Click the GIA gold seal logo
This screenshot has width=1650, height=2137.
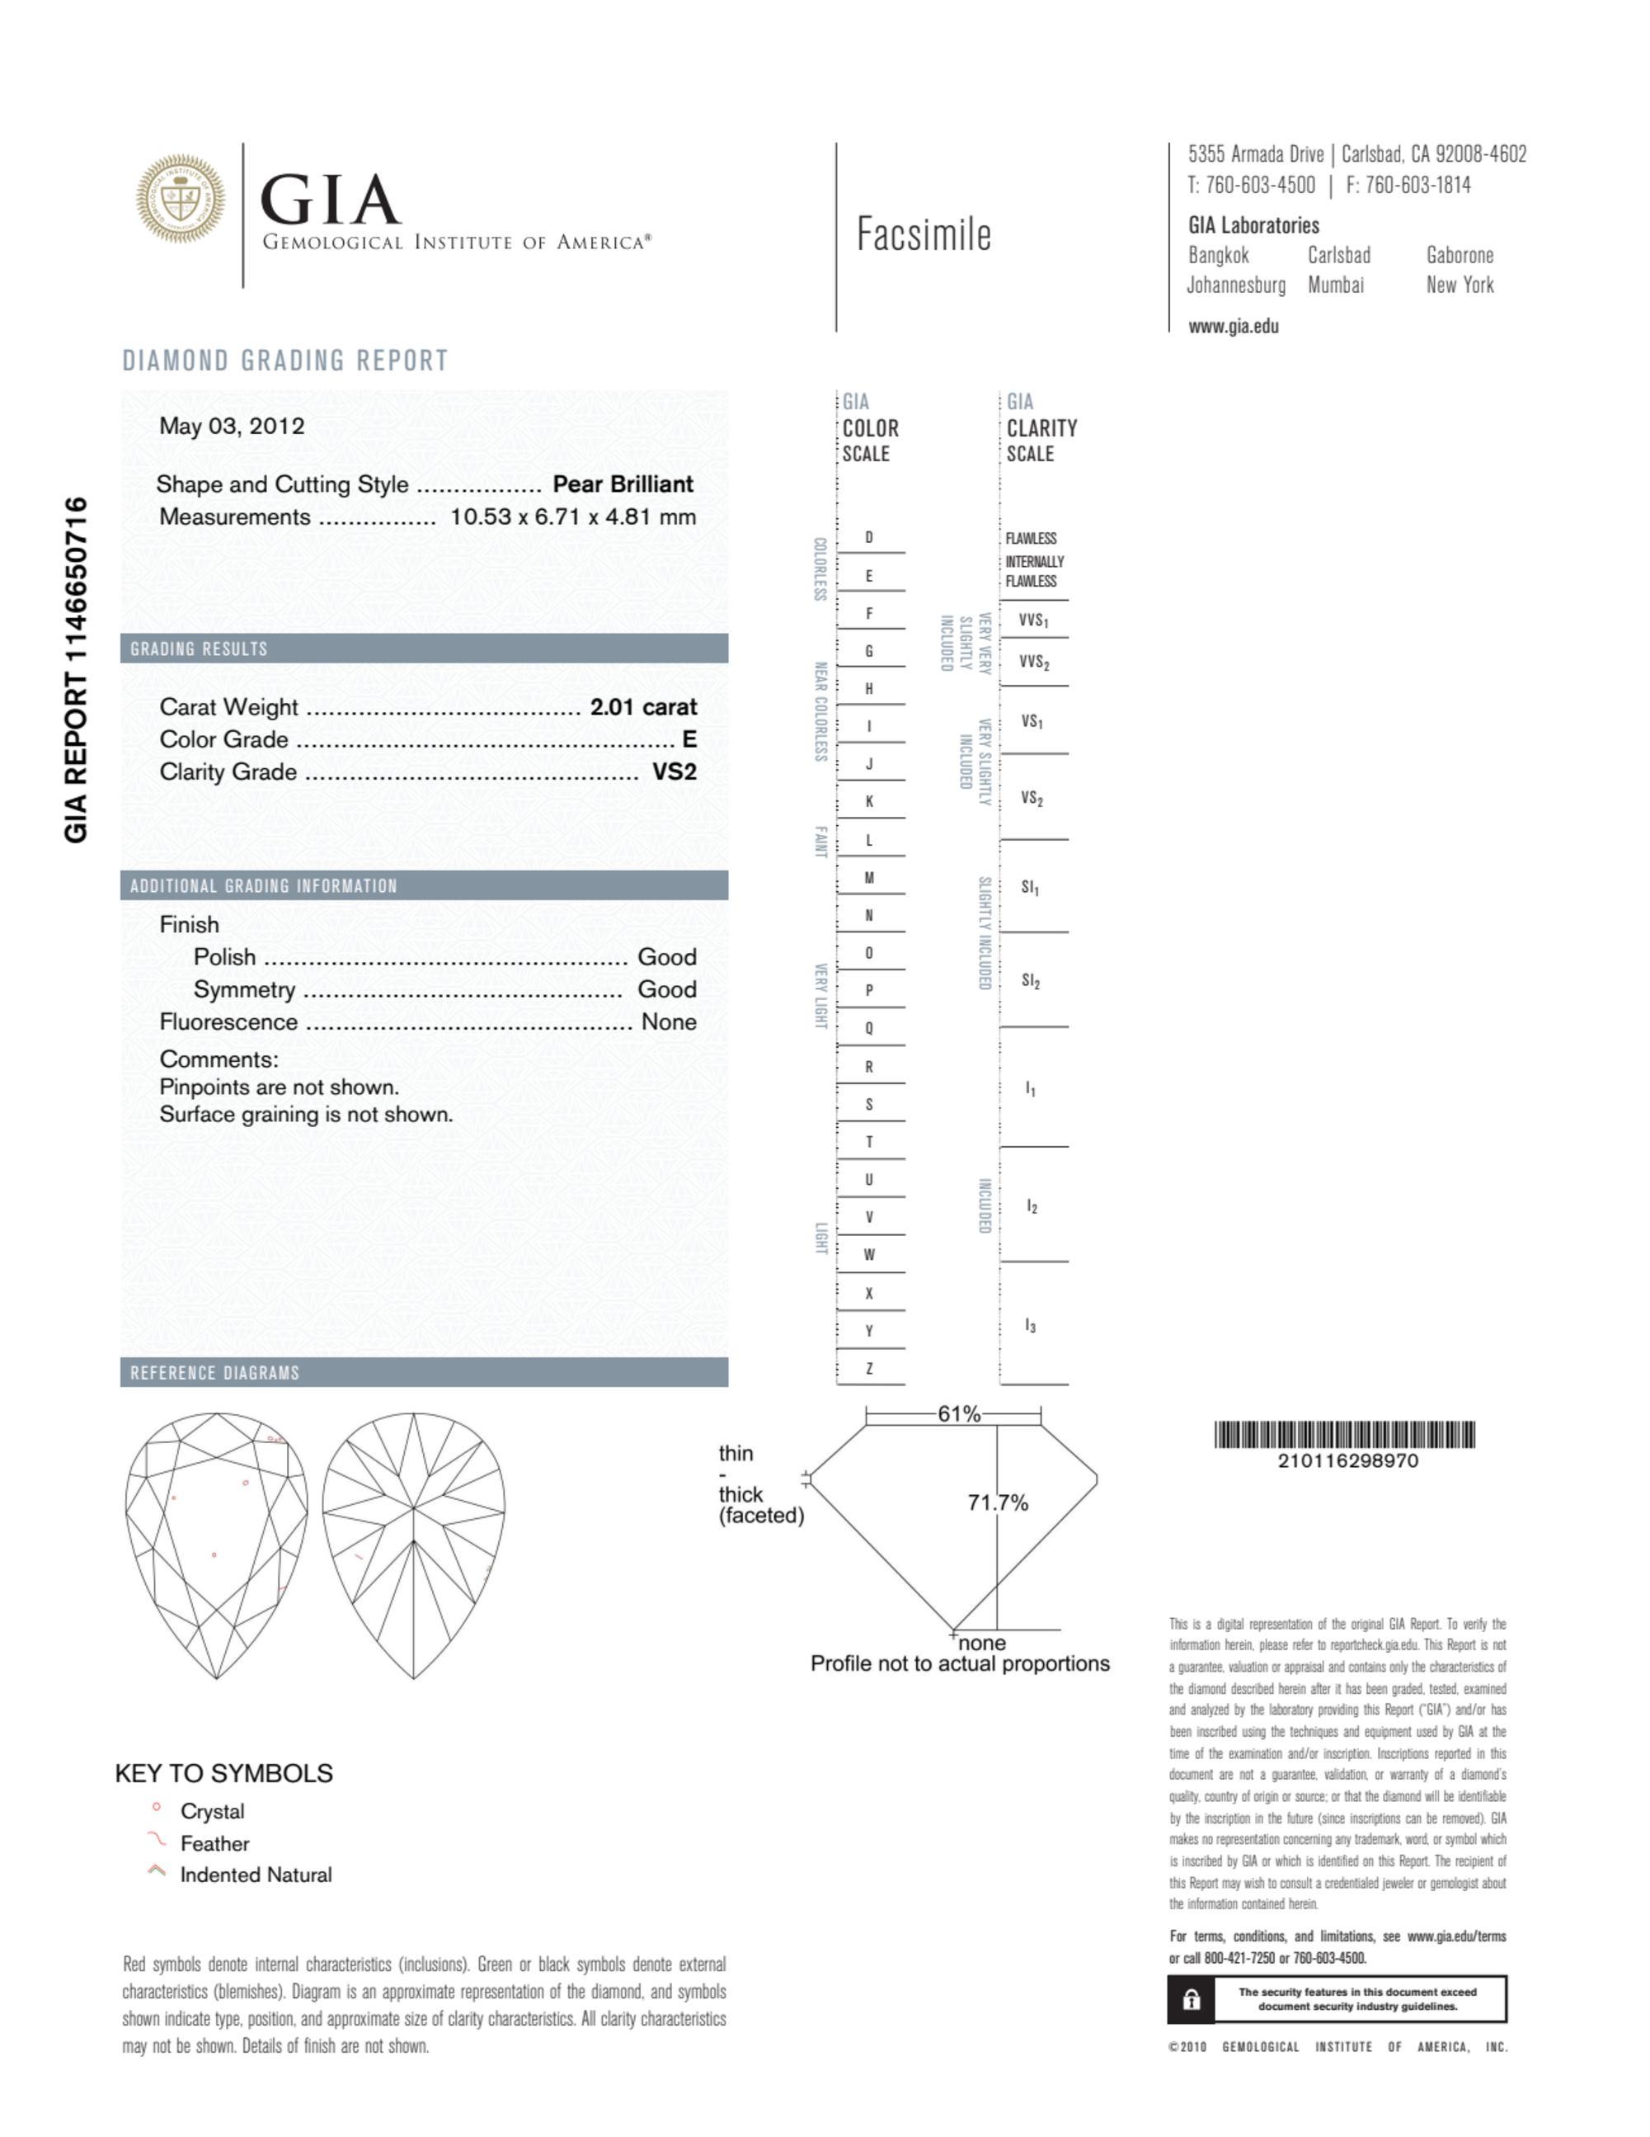pyautogui.click(x=180, y=199)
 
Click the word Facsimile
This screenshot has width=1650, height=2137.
pyautogui.click(x=924, y=235)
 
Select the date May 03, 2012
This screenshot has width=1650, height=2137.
pyautogui.click(x=232, y=426)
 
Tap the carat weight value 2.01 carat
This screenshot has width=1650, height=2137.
pyautogui.click(x=642, y=706)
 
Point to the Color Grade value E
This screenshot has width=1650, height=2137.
pyautogui.click(x=689, y=740)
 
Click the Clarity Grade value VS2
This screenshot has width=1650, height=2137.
pyautogui.click(x=674, y=772)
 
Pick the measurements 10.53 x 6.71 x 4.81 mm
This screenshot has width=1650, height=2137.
pyautogui.click(x=572, y=517)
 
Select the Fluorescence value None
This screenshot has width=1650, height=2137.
pyautogui.click(x=668, y=1021)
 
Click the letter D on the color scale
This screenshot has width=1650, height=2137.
pyautogui.click(x=868, y=537)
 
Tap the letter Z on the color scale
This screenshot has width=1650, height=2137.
pyautogui.click(x=868, y=1369)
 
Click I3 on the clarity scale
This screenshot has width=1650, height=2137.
pyautogui.click(x=1030, y=1326)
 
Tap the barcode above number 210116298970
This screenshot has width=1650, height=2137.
pyautogui.click(x=1344, y=1435)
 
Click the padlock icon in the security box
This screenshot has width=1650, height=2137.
pyautogui.click(x=1191, y=2000)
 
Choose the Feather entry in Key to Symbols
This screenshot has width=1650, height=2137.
pyautogui.click(x=214, y=1843)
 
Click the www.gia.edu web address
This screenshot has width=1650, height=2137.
pyautogui.click(x=1233, y=327)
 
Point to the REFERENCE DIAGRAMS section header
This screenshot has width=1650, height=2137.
pyautogui.click(x=215, y=1373)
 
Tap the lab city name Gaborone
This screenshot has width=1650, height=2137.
pyautogui.click(x=1460, y=256)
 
